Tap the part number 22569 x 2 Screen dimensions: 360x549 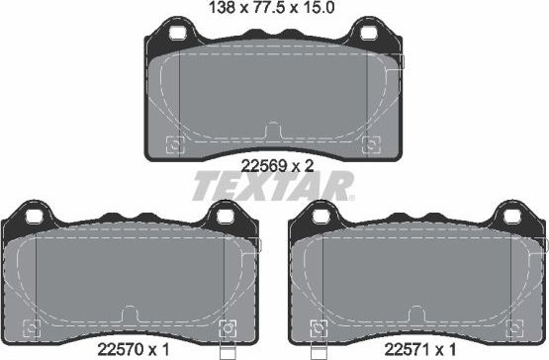(x=277, y=166)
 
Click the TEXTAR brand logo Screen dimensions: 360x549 (x=272, y=186)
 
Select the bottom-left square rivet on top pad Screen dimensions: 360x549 (x=175, y=145)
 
